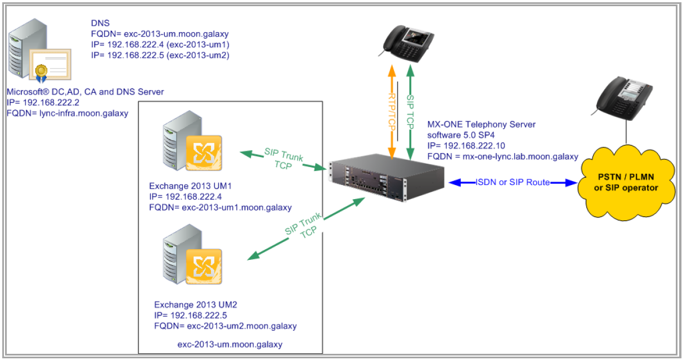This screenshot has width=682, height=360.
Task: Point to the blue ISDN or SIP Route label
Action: (x=513, y=182)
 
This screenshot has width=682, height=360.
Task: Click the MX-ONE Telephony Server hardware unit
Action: (x=386, y=181)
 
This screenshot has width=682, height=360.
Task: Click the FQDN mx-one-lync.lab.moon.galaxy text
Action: (x=502, y=156)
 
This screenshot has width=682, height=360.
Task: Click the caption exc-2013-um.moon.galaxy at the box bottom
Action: (x=230, y=344)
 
